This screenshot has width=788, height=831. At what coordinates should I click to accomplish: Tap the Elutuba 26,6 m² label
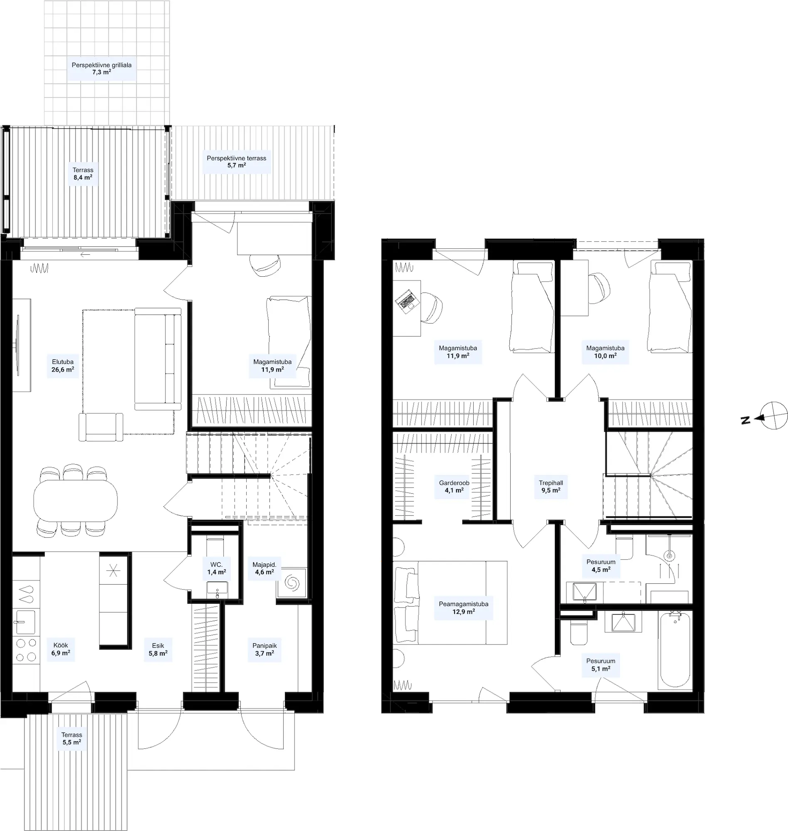point(63,366)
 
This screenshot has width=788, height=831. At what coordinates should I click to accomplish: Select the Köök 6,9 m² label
point(60,649)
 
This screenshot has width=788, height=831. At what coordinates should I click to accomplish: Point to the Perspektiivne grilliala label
point(101,65)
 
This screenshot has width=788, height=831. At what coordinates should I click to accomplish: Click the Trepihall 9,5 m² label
point(551,487)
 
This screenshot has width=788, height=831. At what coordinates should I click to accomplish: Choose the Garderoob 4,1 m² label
point(454,487)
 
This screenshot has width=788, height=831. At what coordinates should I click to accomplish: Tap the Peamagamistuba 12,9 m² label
point(463,608)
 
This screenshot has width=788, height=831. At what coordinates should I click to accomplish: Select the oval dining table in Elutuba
point(76,501)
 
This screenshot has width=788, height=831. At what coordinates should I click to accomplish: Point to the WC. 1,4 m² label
point(217,568)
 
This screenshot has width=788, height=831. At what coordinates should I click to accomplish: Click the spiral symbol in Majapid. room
point(291,583)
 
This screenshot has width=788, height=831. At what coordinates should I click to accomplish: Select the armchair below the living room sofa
point(101,427)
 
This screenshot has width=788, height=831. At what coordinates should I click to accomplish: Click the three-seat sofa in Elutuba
point(158,359)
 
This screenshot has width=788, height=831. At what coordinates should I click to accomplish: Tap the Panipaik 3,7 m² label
point(264,649)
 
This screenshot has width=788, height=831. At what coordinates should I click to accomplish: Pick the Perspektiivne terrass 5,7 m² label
point(237,162)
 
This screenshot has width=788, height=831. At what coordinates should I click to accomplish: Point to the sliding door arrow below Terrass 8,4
point(85,254)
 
